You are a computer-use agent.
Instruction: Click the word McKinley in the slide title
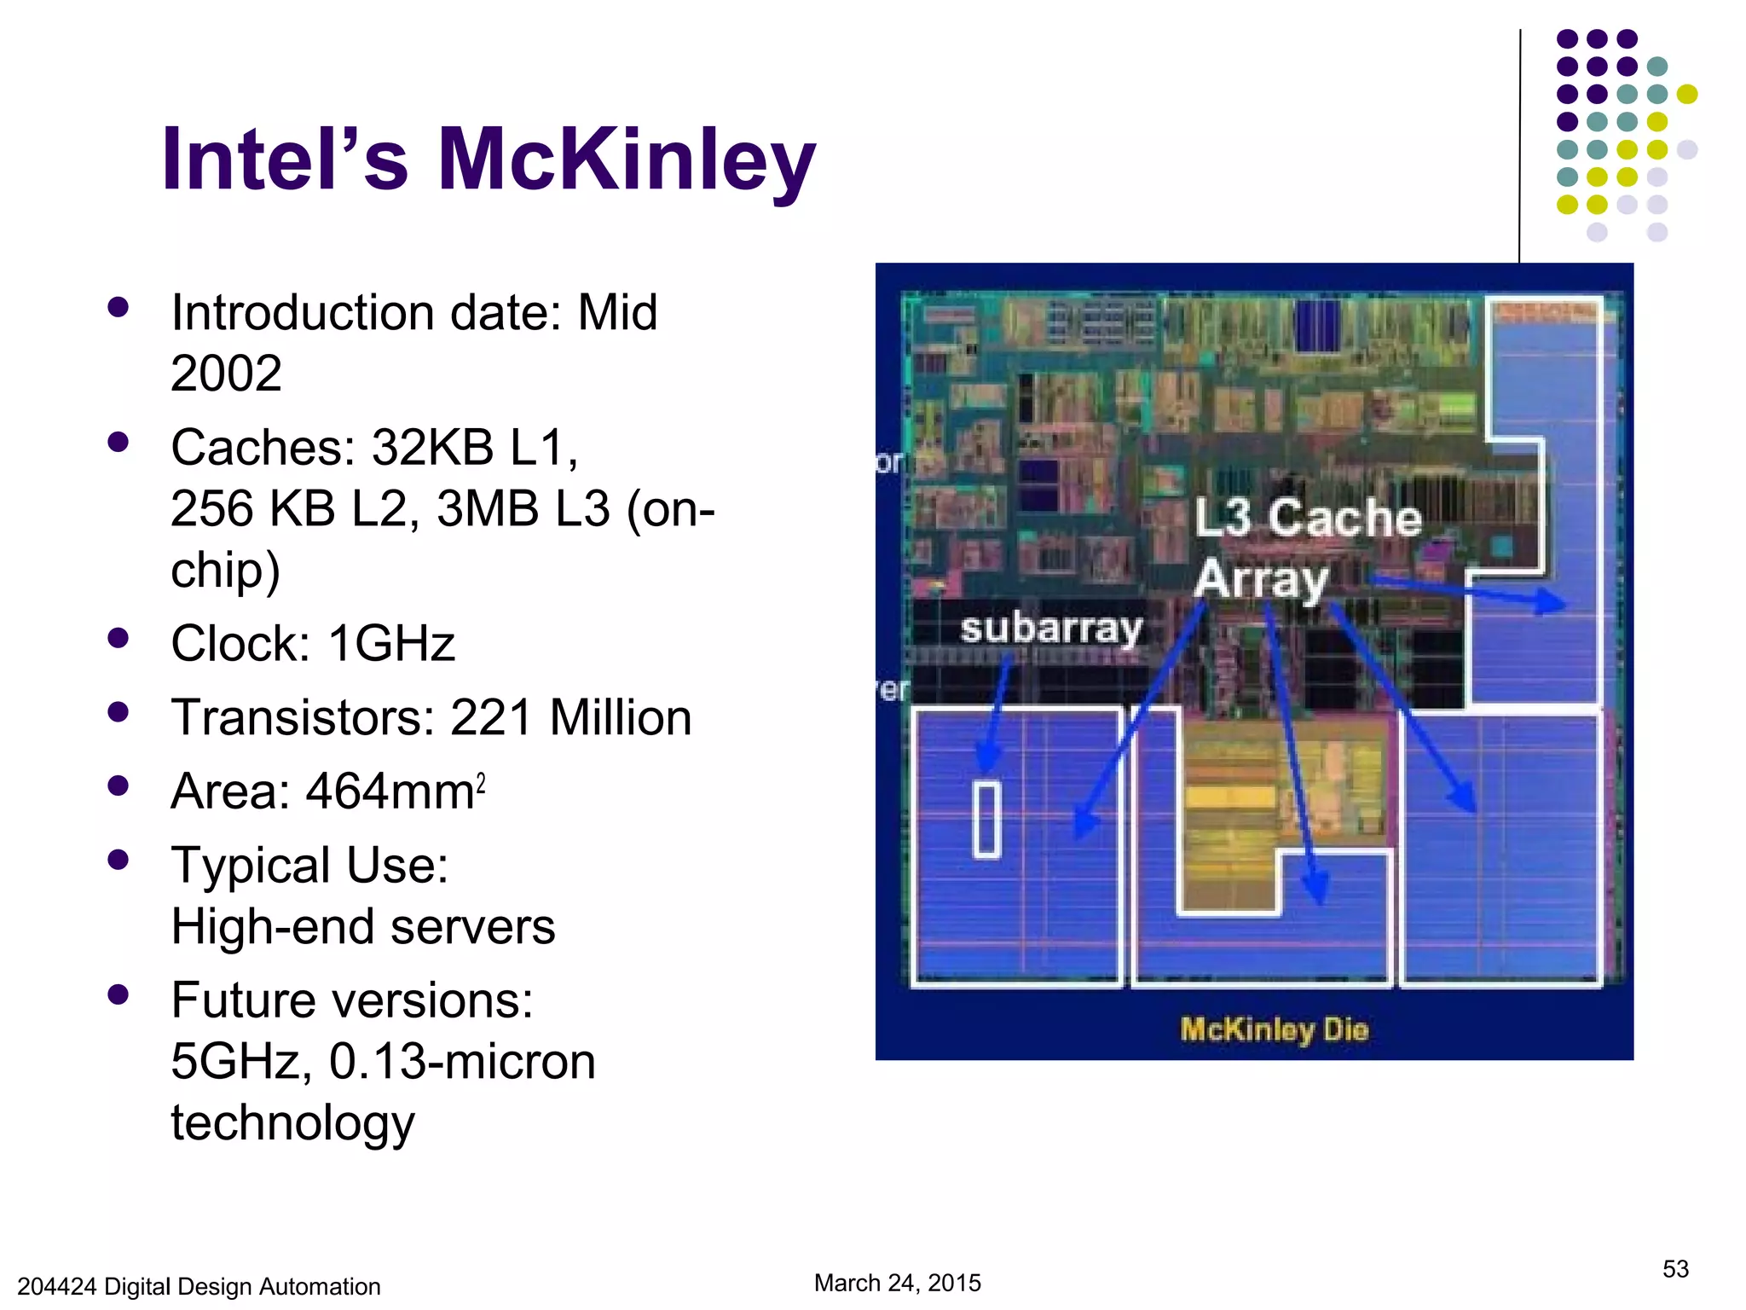[x=627, y=160]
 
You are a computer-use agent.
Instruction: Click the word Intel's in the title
[x=286, y=160]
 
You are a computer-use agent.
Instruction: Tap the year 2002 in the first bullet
[x=226, y=374]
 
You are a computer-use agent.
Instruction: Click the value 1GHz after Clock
[x=391, y=643]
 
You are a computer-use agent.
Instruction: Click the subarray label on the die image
[x=1050, y=629]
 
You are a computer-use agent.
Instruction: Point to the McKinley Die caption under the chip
[x=1274, y=1029]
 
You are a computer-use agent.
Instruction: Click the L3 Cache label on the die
[x=1307, y=518]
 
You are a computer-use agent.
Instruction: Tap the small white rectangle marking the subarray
[x=986, y=819]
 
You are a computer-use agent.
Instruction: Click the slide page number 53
[x=1674, y=1269]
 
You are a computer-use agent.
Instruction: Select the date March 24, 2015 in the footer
[x=897, y=1283]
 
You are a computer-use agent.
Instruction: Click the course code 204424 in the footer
[x=56, y=1286]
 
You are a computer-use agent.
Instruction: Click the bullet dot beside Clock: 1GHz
[x=119, y=638]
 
